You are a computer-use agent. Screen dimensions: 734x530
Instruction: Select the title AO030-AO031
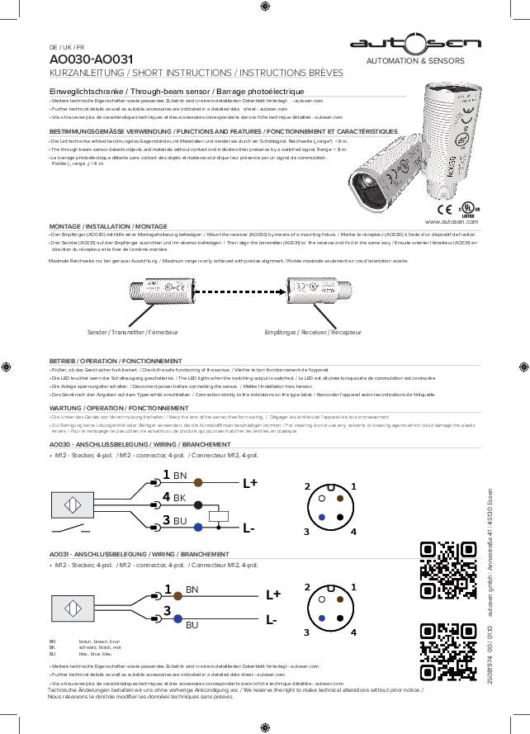91,60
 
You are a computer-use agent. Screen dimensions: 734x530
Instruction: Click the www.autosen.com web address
451,222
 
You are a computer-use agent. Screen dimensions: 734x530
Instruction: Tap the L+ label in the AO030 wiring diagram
249,484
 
